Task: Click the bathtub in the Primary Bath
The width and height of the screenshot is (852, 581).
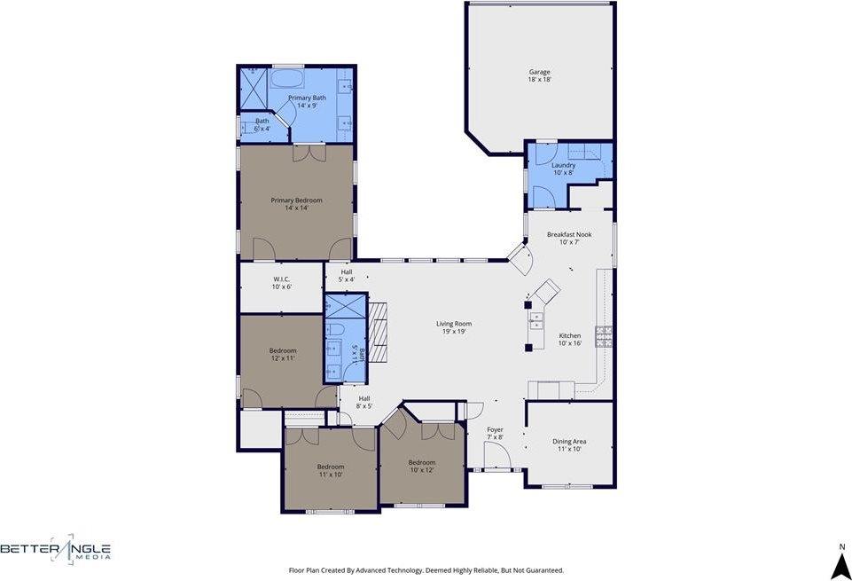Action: [286, 79]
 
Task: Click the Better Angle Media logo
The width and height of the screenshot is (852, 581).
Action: [56, 550]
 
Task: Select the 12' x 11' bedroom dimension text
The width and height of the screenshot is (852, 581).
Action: [282, 358]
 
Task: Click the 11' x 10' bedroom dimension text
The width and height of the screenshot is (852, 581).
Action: [330, 475]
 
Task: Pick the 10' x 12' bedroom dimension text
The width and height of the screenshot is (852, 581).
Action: [422, 470]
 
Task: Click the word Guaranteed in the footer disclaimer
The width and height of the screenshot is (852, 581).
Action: [542, 570]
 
